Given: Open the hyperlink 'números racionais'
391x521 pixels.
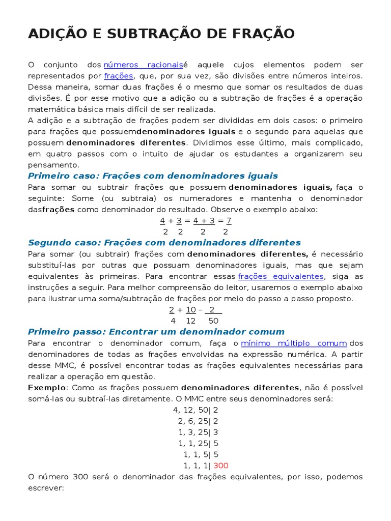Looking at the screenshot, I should pyautogui.click(x=143, y=65).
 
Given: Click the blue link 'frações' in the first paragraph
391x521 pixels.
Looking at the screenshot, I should pyautogui.click(x=118, y=76).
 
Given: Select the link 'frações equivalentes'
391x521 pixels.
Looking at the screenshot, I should pyautogui.click(x=281, y=276).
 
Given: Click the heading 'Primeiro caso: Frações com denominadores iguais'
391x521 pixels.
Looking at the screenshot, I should pyautogui.click(x=153, y=176).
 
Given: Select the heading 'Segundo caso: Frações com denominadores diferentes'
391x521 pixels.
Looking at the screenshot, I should pyautogui.click(x=164, y=243).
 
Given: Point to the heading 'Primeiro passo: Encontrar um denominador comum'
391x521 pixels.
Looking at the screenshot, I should pyautogui.click(x=156, y=332).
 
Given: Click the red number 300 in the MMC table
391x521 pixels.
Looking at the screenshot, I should pyautogui.click(x=221, y=466).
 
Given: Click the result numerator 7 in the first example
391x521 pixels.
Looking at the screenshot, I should pyautogui.click(x=229, y=220).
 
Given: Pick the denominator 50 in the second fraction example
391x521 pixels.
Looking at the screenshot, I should pyautogui.click(x=213, y=321).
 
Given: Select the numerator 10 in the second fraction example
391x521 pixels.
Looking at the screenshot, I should pyautogui.click(x=191, y=309).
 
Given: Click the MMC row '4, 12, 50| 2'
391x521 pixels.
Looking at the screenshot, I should pyautogui.click(x=195, y=410).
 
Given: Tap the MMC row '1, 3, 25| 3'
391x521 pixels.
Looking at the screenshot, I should pyautogui.click(x=198, y=432).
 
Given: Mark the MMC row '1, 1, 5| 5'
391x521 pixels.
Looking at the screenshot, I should pyautogui.click(x=201, y=454).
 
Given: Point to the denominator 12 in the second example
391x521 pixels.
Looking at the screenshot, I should pyautogui.click(x=191, y=321).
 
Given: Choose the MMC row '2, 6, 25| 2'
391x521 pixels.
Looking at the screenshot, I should pyautogui.click(x=198, y=421).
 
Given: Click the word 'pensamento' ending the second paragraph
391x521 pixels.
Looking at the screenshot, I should pyautogui.click(x=53, y=165).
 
